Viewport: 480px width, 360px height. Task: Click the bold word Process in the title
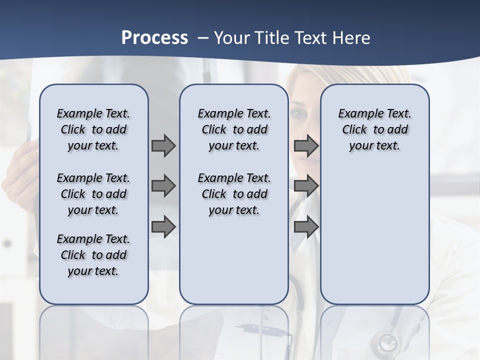[x=154, y=38]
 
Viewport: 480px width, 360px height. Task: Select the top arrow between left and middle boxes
[x=163, y=146]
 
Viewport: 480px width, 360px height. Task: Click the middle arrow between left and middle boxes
[x=163, y=186]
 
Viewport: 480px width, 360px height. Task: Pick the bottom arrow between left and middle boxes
[x=163, y=226]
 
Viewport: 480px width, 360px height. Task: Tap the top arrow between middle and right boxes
[x=306, y=146]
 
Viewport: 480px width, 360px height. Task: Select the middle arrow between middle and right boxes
[x=306, y=186]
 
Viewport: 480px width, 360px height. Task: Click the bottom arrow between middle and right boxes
[x=306, y=226]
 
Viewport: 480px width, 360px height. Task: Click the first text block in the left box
[x=93, y=129]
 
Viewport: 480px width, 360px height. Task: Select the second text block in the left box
[x=93, y=194]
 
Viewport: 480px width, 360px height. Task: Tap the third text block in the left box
[x=93, y=255]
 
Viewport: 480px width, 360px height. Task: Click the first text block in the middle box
[x=234, y=129]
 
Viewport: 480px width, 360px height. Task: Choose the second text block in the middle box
[x=234, y=194]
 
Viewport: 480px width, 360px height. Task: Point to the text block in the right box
[x=375, y=129]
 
